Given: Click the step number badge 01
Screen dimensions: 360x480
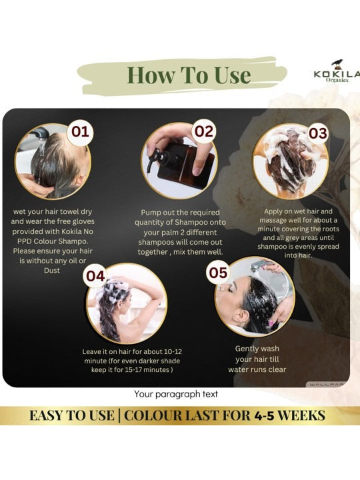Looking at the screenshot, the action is click(x=80, y=132).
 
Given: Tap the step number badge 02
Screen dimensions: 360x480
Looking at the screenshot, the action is click(x=204, y=131).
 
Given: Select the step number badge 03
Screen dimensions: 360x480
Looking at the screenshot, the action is click(x=318, y=134).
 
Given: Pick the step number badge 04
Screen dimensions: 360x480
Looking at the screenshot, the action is click(x=95, y=276).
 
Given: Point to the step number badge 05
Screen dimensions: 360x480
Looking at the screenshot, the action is click(x=218, y=273).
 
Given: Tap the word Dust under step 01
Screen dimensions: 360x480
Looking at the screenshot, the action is click(x=52, y=271).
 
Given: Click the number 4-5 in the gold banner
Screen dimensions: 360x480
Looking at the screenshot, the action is click(x=264, y=416).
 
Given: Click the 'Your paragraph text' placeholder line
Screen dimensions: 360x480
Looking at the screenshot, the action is click(x=176, y=394).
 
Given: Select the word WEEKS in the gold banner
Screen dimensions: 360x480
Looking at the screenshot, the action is click(x=301, y=416).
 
